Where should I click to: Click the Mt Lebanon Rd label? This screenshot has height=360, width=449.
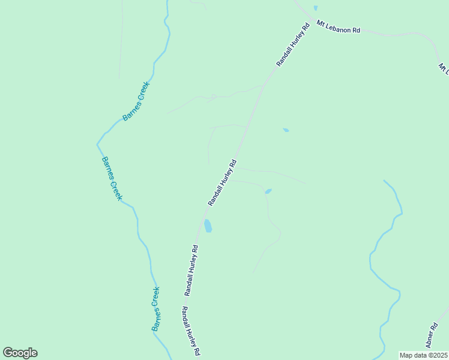coord(338,28)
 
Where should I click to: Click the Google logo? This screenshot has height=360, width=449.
coord(20,353)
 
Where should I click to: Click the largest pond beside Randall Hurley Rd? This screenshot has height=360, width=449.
coord(208,226)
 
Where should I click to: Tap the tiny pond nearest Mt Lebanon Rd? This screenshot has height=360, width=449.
coord(315,8)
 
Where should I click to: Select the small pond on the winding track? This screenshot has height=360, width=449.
coord(268,191)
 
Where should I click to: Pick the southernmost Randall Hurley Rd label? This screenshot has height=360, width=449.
coord(191,332)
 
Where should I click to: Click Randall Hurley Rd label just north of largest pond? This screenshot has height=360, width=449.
coord(223,183)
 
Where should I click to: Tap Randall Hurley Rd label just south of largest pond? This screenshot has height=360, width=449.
coord(191,270)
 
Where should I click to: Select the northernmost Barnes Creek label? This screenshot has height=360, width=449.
coord(136,101)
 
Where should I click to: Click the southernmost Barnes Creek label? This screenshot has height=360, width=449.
coord(156,309)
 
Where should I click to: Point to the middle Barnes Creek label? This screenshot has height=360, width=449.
coord(112,178)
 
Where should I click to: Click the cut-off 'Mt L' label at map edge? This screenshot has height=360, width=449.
coord(444,68)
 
